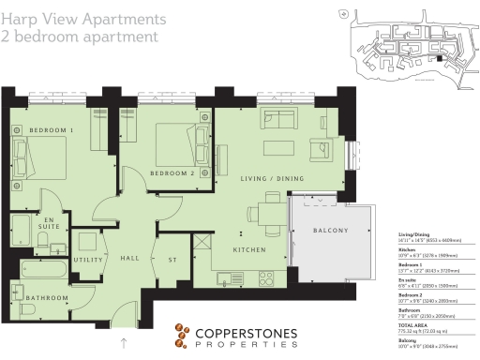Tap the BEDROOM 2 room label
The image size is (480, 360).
[x=172, y=172]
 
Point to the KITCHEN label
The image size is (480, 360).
[x=251, y=250]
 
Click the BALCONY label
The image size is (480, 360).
[x=328, y=231]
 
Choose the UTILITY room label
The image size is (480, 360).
[x=87, y=259]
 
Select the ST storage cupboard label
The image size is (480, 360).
[x=172, y=259]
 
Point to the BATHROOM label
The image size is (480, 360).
[x=47, y=298]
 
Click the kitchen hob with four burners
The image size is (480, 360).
[x=265, y=278]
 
